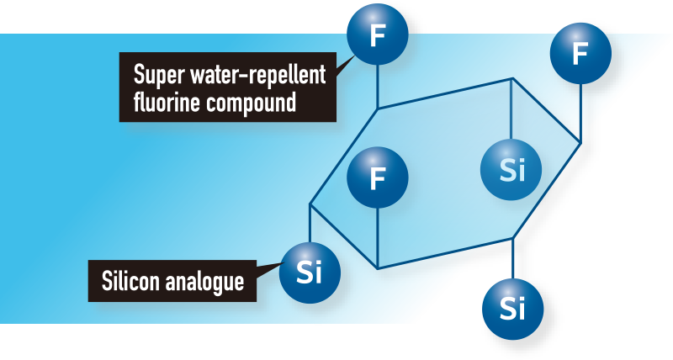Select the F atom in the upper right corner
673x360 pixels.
580,55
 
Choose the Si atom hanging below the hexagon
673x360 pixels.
512,308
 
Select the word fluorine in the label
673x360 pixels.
163,103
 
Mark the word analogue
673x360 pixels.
208,281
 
